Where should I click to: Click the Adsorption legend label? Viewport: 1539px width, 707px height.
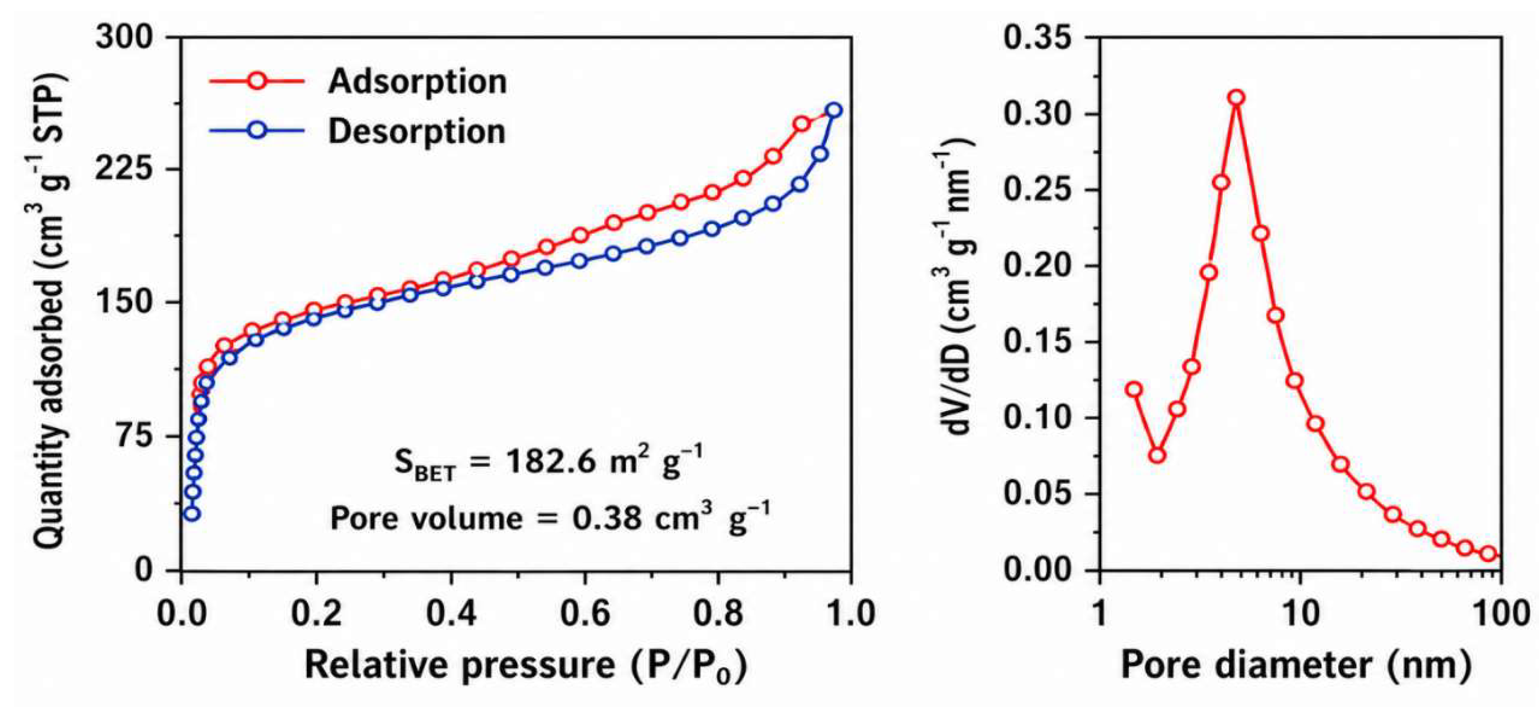click(417, 81)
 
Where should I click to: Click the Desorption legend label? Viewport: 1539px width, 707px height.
click(417, 131)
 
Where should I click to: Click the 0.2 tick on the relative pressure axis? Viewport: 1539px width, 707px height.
click(316, 613)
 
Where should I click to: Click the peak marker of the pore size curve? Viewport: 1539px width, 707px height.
click(1237, 97)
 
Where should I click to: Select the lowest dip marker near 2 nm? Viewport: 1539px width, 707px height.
click(1157, 455)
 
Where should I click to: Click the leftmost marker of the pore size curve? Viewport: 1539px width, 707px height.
click(1134, 389)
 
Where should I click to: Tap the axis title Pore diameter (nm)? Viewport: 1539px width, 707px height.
click(1296, 664)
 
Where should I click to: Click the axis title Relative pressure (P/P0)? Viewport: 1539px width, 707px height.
click(526, 664)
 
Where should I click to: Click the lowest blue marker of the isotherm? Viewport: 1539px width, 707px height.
click(191, 513)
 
